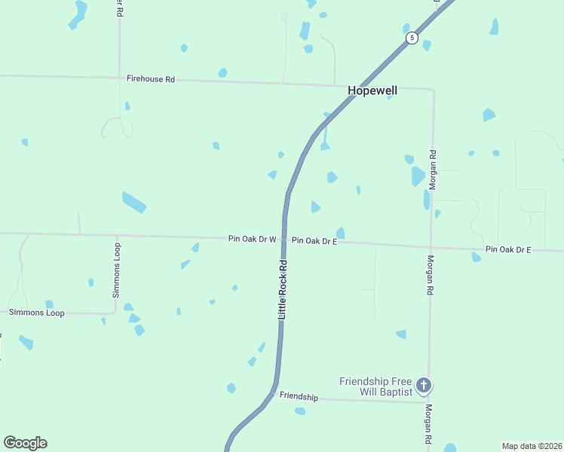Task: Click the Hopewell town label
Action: coord(372,90)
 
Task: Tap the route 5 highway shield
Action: coord(411,38)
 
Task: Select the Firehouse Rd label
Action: coord(151,78)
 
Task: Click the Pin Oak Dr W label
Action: coord(253,239)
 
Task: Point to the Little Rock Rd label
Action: coord(284,289)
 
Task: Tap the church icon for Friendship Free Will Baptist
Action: coord(424,386)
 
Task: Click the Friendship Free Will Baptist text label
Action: coord(376,386)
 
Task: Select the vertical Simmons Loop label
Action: coord(117,270)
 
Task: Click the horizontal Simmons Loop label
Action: coord(37,312)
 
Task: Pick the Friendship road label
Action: coord(299,396)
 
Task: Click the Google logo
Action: coord(25,443)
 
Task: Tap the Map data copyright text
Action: coord(532,446)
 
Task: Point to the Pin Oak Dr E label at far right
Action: coord(508,249)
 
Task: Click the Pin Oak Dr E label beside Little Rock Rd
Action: coord(314,240)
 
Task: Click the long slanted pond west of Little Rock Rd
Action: coord(134,202)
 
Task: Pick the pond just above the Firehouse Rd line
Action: coord(222,73)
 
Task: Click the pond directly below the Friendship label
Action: coord(300,411)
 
